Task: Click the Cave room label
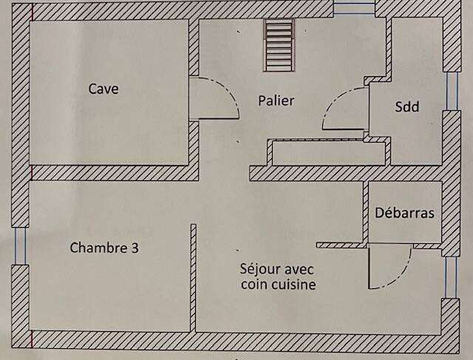(103, 89)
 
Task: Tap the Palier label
(276, 101)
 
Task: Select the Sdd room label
(407, 106)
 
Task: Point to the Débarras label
(404, 213)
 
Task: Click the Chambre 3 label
(104, 248)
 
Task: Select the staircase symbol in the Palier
(279, 45)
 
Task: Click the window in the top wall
(354, 8)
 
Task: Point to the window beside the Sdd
(452, 91)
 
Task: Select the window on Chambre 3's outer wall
(20, 246)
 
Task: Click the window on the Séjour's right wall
(451, 277)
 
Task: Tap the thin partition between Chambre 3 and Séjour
(194, 278)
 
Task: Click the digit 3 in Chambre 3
(135, 248)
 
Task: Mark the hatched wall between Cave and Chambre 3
(115, 173)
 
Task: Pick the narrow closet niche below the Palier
(329, 153)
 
